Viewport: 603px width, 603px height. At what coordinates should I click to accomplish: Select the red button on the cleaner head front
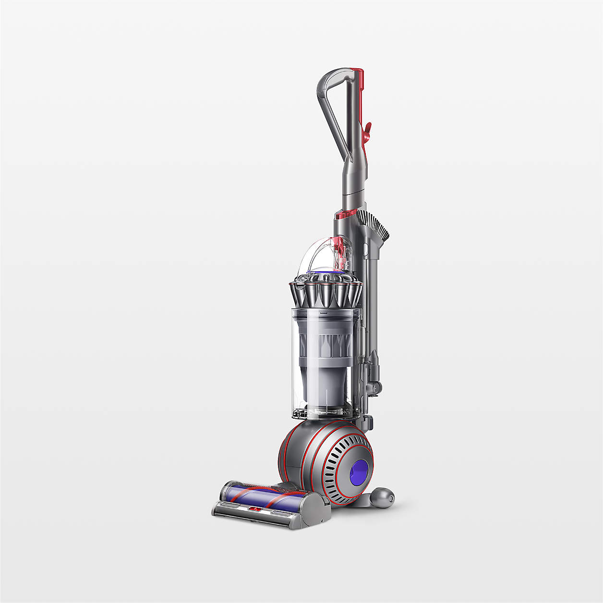click(x=254, y=508)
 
